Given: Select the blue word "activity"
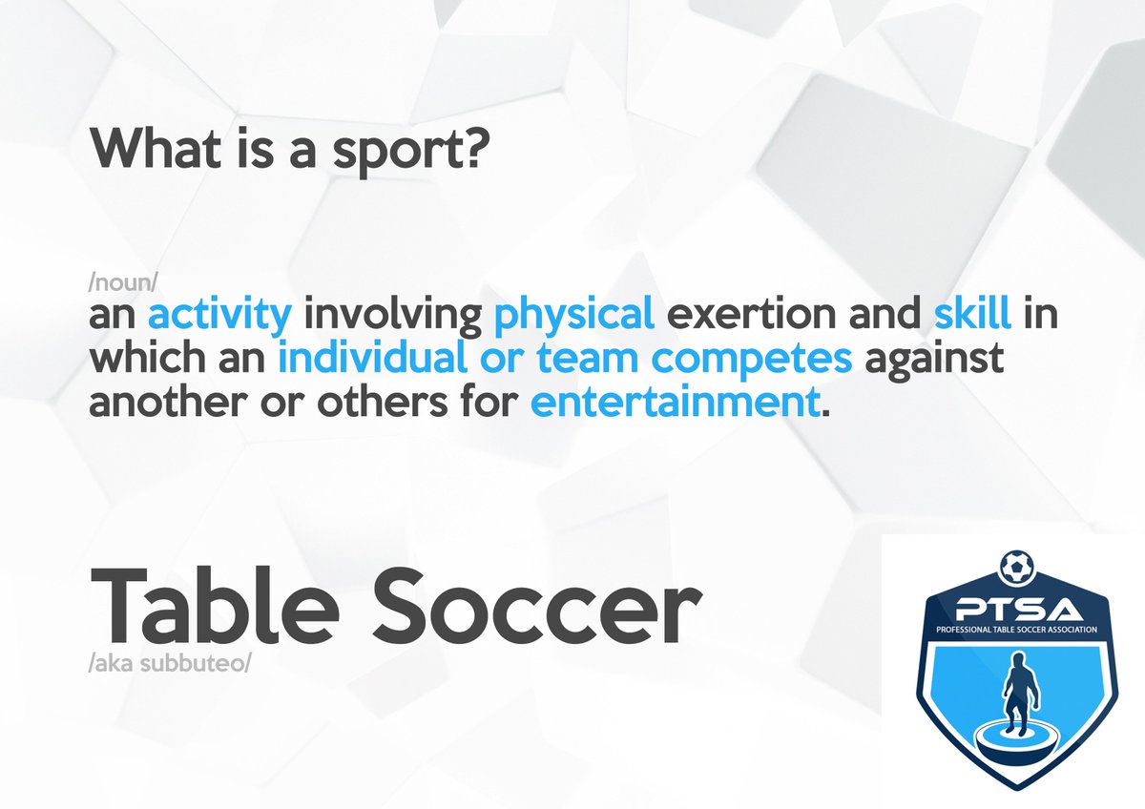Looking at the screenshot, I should tap(219, 316).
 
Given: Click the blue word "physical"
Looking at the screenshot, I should tap(575, 316).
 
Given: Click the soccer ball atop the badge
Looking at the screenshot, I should tap(1014, 568).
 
